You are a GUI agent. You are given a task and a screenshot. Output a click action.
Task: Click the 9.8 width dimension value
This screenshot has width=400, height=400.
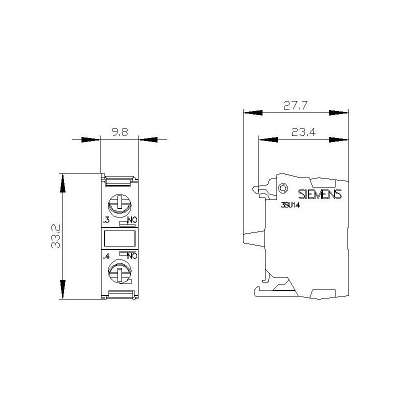[119, 133]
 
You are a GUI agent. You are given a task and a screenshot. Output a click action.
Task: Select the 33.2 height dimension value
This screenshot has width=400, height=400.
[55, 235]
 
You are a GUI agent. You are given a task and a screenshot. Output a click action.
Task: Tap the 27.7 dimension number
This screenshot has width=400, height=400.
[295, 105]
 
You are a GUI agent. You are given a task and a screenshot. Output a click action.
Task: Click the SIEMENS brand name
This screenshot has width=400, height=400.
[319, 194]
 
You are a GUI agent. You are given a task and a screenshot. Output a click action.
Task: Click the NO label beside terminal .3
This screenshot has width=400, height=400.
[131, 220]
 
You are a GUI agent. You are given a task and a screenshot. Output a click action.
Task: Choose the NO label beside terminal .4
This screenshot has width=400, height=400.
[131, 256]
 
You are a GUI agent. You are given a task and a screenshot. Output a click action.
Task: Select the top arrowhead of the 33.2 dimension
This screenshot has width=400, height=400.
[62, 182]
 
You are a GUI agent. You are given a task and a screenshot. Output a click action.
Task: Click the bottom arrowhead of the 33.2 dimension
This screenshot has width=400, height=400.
[62, 289]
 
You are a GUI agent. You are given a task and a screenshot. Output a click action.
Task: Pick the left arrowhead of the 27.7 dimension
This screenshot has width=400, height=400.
[252, 112]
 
